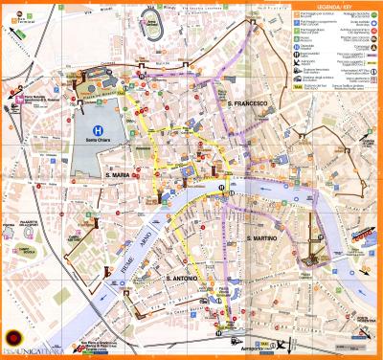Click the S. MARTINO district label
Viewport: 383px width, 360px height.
coord(262,237)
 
